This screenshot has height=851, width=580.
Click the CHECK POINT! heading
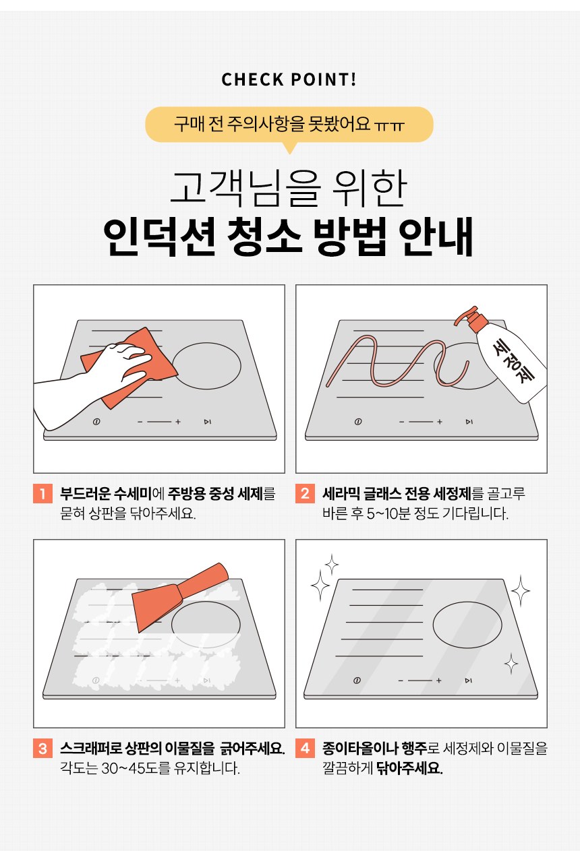coord(289,80)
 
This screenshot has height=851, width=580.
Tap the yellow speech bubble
coord(289,125)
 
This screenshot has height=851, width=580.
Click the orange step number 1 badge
coord(42,493)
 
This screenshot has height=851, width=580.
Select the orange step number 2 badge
coord(305,493)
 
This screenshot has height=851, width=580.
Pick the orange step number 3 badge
coord(42,748)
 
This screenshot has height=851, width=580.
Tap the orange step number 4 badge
coord(305,748)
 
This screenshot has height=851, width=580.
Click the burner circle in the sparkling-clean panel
coord(467,625)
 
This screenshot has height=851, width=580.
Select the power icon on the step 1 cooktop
coord(96,422)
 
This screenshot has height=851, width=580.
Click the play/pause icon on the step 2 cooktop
coord(469,422)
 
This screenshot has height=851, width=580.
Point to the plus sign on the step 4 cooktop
coord(439,681)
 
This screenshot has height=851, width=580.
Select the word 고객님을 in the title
coord(243,189)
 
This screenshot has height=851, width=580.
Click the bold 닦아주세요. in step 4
coord(409,768)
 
